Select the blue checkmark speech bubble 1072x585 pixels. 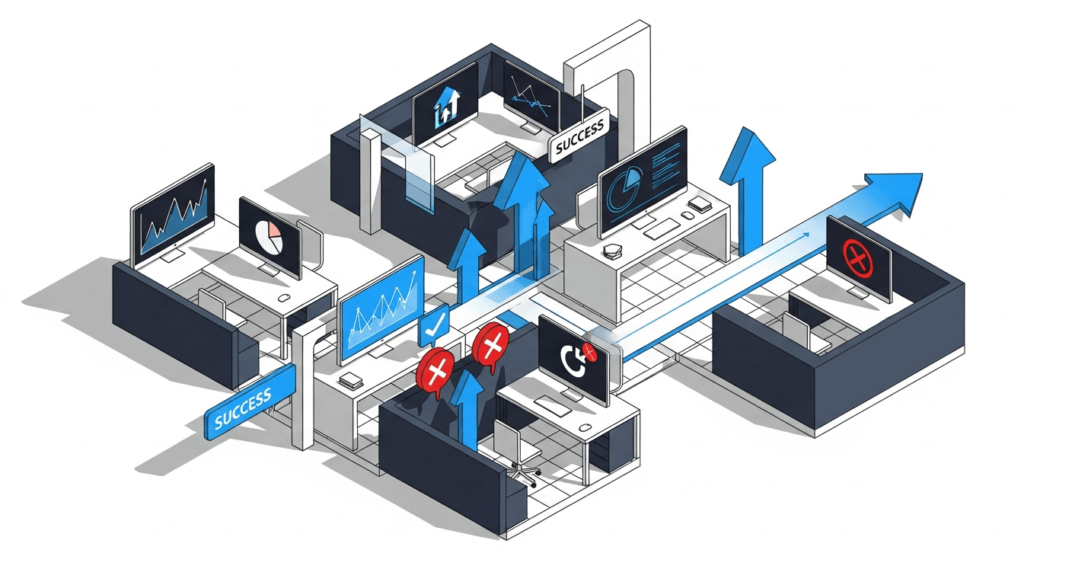(x=432, y=327)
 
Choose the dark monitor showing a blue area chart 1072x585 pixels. (x=173, y=213)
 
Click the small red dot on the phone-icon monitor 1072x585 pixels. (x=589, y=351)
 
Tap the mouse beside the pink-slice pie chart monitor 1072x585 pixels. (x=284, y=296)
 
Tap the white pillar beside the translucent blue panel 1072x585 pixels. (x=371, y=179)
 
